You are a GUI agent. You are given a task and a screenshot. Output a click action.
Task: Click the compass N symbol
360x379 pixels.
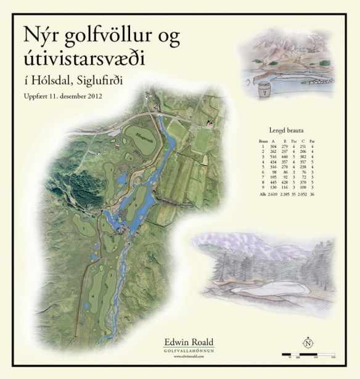pyautogui.click(x=306, y=343)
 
